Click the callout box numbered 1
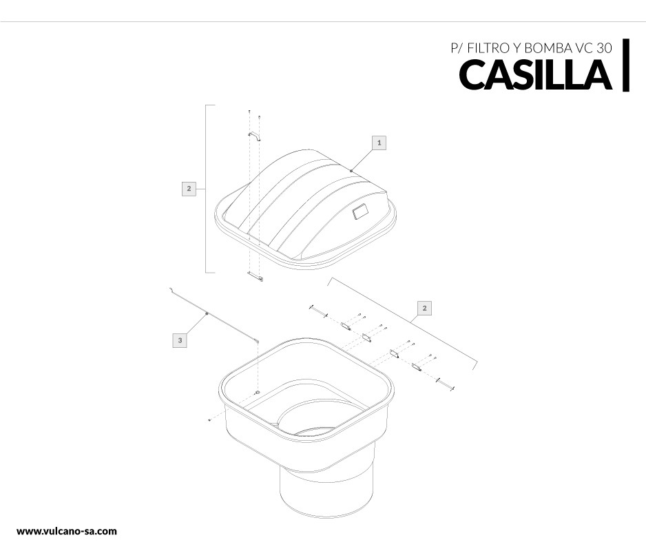(x=379, y=143)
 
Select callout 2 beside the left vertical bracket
(x=189, y=189)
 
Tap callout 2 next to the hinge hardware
(x=424, y=308)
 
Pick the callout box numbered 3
(x=180, y=340)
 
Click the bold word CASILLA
(x=535, y=74)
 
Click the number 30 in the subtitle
(x=604, y=48)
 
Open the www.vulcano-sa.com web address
(x=67, y=531)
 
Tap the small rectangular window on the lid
(x=360, y=213)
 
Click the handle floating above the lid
(x=255, y=136)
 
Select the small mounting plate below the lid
(x=255, y=276)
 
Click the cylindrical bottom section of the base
(x=326, y=492)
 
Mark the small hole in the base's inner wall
(x=257, y=392)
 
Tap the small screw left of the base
(x=210, y=420)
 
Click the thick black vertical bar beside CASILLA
(x=626, y=65)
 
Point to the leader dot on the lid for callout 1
(x=351, y=171)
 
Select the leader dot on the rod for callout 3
(x=207, y=313)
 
